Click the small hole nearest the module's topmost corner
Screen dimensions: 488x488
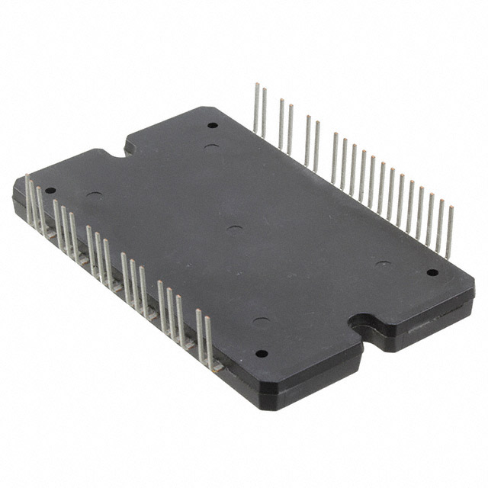click(x=212, y=125)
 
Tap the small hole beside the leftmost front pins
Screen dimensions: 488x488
click(x=50, y=191)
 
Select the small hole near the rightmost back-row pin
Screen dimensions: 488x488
click(x=432, y=272)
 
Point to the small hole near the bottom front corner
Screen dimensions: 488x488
click(x=261, y=353)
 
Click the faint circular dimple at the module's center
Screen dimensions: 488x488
click(x=236, y=229)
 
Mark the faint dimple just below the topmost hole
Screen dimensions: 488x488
click(x=212, y=146)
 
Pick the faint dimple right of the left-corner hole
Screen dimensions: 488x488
click(x=95, y=196)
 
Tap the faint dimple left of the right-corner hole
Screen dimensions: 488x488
click(x=383, y=265)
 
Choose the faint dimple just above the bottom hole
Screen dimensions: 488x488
click(x=261, y=320)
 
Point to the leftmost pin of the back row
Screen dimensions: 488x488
click(x=255, y=107)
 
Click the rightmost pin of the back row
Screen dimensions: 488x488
click(x=450, y=229)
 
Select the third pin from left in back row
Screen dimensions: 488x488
click(x=281, y=122)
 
